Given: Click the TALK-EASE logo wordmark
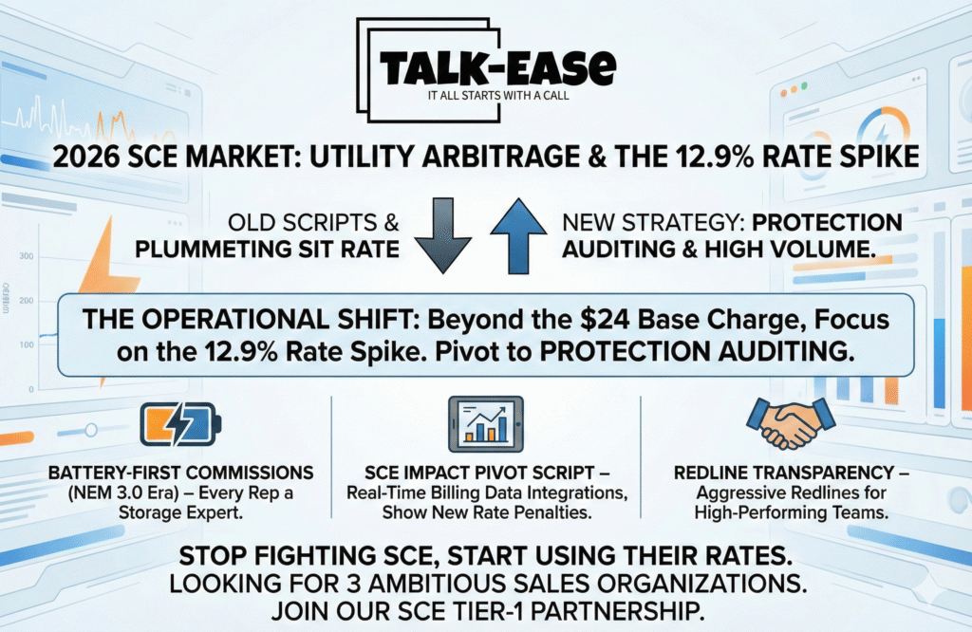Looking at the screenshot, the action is coord(497,67).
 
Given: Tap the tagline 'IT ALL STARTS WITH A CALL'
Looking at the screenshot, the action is coord(497,96).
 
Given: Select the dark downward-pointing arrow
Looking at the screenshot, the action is coord(442,235).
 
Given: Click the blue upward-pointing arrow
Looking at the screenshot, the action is coord(518,235).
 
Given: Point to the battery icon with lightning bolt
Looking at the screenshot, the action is coord(180,424).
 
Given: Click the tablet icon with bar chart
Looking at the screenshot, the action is coord(486,424).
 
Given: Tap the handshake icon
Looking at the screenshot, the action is coord(791,422).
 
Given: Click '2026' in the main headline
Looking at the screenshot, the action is coord(85,157).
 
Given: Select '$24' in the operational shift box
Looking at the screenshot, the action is coord(605,320).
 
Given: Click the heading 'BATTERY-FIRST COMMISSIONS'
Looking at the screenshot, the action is coord(181,473).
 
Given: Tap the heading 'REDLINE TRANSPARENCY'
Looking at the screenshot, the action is coord(783,473).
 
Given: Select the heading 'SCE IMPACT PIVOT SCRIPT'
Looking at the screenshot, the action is coord(479,473).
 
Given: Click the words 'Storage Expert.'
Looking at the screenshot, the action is coord(180,513).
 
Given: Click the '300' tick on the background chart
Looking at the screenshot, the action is coord(27,256).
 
